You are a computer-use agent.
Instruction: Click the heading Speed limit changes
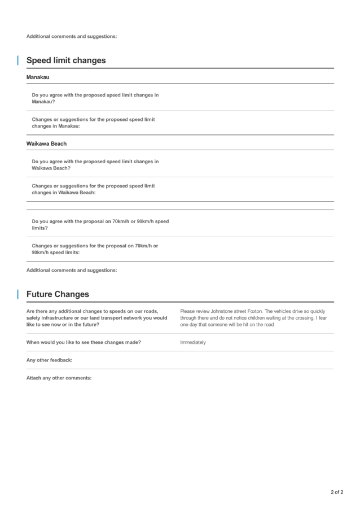point(66,60)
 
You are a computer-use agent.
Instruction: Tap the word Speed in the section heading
point(38,60)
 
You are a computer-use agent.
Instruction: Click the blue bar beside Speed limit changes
point(17,60)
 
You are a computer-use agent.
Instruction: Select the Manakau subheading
point(38,77)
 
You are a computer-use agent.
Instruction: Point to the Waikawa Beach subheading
point(46,144)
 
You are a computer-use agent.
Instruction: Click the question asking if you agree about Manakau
point(95,98)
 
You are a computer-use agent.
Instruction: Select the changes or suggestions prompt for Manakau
point(93,123)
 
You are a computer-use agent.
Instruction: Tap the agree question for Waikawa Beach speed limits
point(95,165)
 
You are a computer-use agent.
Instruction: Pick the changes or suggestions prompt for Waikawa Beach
point(93,189)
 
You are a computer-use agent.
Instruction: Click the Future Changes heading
point(58,294)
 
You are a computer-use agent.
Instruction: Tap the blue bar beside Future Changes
point(17,294)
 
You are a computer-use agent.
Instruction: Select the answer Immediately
point(193,342)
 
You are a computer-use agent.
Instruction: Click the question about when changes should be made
point(83,342)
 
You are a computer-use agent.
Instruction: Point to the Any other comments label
point(49,360)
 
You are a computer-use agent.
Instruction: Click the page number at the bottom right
point(336,492)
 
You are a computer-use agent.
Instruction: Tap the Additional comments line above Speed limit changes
point(72,36)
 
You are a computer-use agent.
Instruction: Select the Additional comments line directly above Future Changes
point(72,270)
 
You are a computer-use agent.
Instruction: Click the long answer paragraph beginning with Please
point(253,318)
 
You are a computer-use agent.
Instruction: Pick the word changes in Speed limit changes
point(90,60)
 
